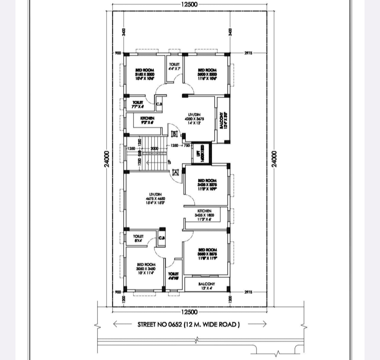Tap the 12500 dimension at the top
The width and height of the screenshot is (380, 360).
[189, 4]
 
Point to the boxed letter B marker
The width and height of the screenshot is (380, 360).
[174, 134]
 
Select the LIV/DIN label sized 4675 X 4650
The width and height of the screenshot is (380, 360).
[155, 199]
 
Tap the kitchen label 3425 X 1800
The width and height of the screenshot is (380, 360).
[204, 215]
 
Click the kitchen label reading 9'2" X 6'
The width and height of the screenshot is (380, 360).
[147, 121]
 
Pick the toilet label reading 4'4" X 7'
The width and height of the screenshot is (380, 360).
[174, 67]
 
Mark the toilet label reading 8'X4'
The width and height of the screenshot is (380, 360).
[138, 238]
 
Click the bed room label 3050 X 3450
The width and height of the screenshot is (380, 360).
[146, 269]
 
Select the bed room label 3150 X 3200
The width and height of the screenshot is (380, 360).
[145, 75]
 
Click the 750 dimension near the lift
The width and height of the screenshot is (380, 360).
[186, 145]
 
